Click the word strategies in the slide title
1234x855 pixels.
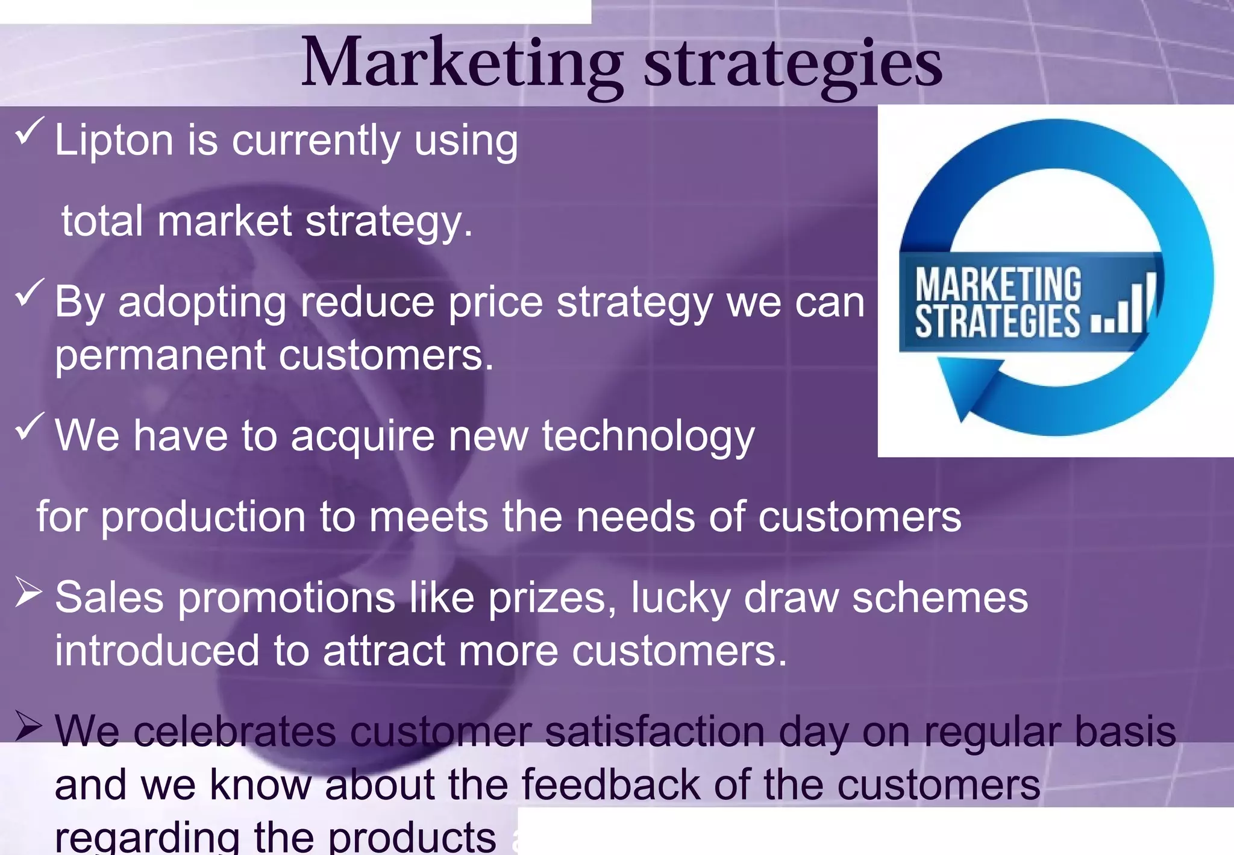point(793,64)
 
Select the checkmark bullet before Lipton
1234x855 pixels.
point(29,131)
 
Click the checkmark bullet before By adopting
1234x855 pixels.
point(29,292)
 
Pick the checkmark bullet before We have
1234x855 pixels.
point(29,426)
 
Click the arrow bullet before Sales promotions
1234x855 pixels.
point(28,592)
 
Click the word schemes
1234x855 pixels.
point(940,598)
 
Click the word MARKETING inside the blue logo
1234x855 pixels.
point(998,285)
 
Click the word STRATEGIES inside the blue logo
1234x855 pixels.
point(997,322)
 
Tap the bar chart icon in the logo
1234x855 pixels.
point(1124,304)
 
